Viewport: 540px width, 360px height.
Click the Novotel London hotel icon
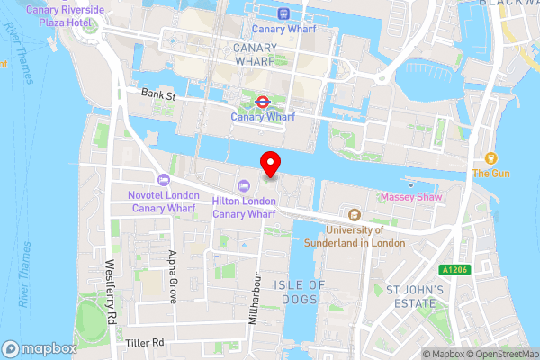(x=163, y=180)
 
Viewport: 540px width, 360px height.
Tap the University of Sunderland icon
(x=355, y=215)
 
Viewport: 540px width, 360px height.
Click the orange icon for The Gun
(x=491, y=157)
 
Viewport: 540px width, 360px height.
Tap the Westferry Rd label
(x=112, y=293)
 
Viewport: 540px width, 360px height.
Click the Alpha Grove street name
(x=171, y=275)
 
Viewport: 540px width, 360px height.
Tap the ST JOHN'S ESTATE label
(x=415, y=297)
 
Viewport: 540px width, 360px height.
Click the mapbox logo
(x=39, y=348)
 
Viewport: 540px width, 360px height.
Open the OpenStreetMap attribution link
(x=500, y=354)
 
